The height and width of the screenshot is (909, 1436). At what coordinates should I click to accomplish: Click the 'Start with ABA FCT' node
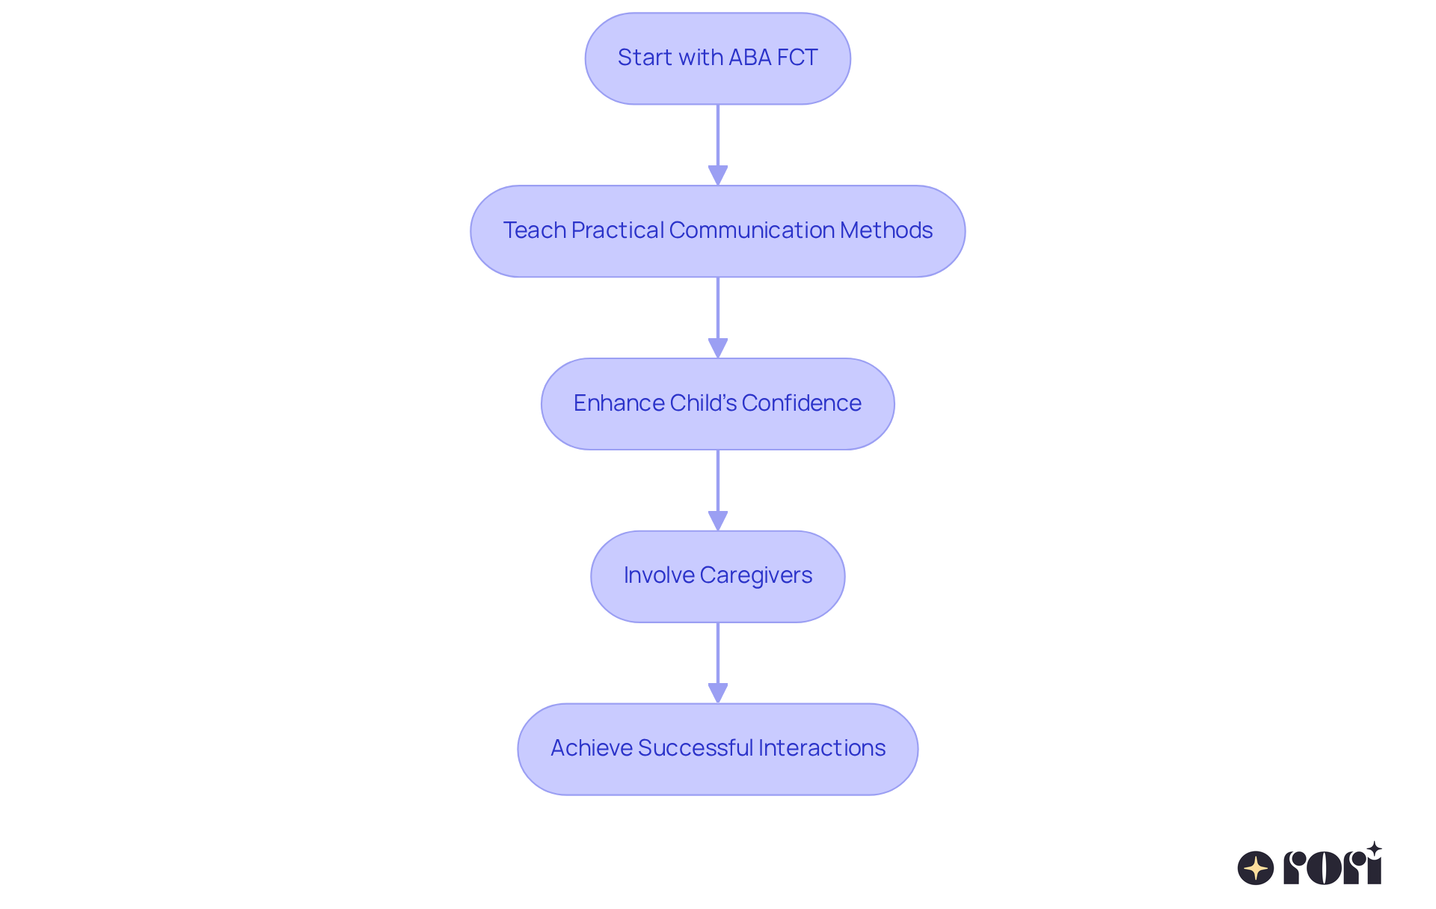coord(717,58)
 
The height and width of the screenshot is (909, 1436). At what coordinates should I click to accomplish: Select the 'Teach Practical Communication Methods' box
coord(717,231)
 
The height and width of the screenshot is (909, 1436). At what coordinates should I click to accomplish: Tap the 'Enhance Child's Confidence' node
coord(717,404)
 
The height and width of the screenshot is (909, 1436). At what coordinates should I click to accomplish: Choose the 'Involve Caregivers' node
coord(717,576)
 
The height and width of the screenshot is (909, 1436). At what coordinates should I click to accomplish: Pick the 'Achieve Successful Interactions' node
coord(717,749)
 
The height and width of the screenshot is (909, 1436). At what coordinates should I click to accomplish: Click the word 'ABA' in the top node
coord(751,58)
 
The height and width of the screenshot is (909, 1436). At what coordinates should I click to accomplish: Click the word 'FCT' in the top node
coord(797,58)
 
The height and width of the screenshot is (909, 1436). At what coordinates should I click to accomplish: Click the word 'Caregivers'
coord(755,575)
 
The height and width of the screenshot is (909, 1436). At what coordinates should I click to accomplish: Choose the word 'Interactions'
coord(821,748)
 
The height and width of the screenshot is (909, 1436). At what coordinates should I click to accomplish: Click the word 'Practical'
coord(617,230)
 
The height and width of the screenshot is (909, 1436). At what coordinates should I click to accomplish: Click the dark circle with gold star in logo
coord(1256,868)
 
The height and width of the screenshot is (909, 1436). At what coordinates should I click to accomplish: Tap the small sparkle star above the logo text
coord(1374,849)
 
